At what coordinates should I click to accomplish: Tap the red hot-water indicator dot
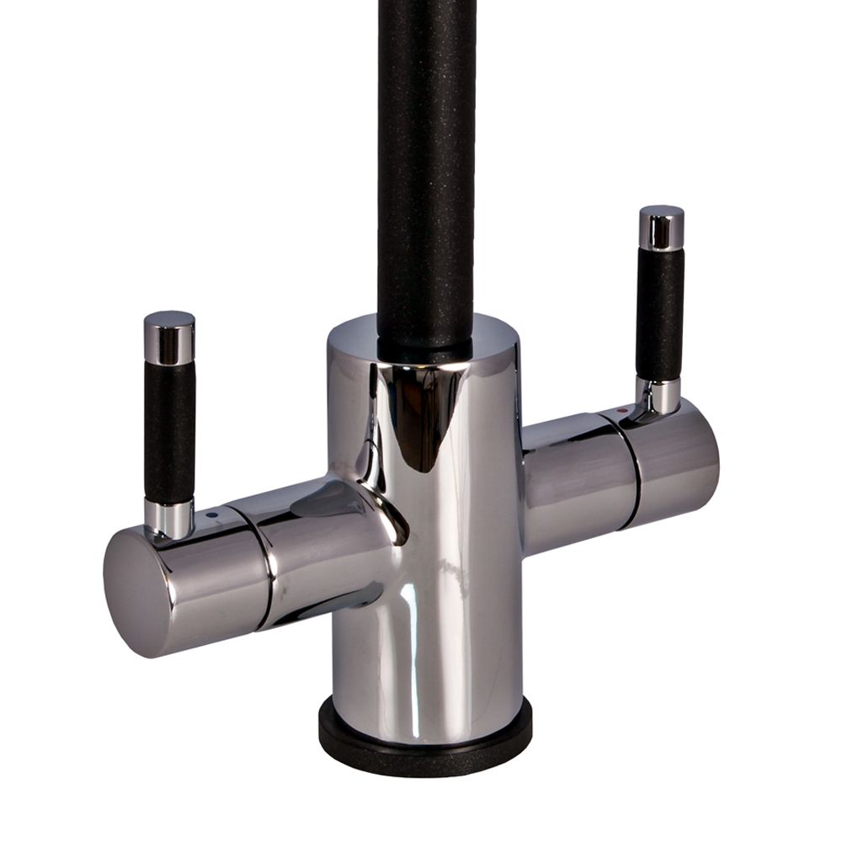(621, 408)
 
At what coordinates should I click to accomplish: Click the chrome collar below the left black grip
(168, 518)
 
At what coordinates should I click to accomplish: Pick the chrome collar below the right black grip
(662, 396)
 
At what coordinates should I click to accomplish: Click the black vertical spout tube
(426, 168)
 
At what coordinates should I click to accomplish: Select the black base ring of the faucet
(425, 741)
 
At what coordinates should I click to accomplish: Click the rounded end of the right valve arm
(686, 463)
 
